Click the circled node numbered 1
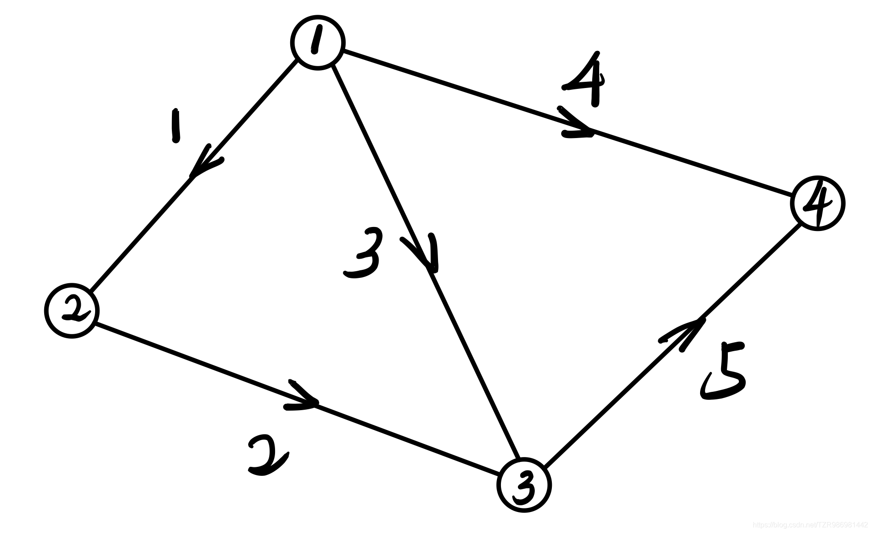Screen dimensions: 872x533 pos(317,42)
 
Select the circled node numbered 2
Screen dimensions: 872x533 pos(71,311)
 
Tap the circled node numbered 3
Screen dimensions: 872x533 pos(524,485)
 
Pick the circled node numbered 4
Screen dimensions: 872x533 pos(818,203)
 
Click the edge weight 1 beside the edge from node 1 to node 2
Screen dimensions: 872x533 pos(175,126)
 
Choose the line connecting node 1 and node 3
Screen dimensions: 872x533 pos(473,366)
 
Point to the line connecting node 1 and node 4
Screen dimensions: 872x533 pos(692,163)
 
